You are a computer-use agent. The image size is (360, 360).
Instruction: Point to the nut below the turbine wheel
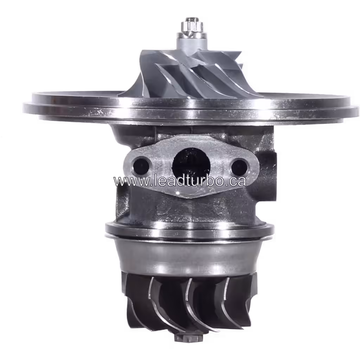[x=189, y=338]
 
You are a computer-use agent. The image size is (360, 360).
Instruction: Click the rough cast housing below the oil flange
[x=190, y=209]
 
